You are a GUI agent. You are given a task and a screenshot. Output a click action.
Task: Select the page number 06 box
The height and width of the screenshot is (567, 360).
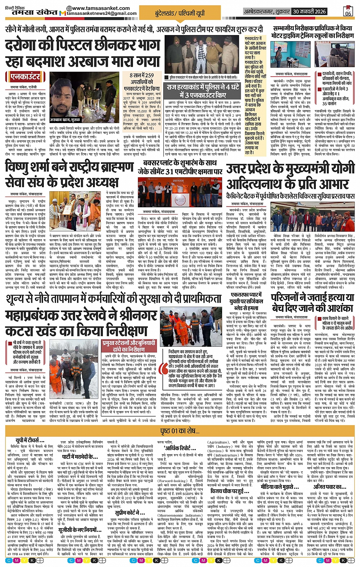(x=347, y=11)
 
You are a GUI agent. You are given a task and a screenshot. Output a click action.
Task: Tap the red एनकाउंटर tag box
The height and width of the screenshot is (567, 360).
(x=25, y=77)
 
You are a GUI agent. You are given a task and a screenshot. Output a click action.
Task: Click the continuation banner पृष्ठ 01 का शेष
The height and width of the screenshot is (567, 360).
(x=179, y=431)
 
